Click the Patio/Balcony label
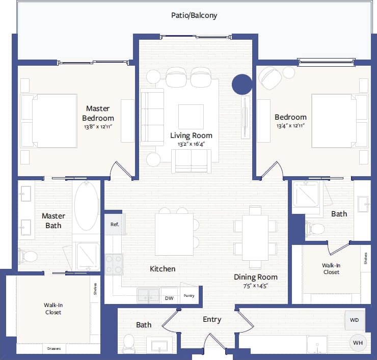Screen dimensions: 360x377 click(x=194, y=15)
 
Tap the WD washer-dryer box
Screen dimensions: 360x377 click(x=355, y=320)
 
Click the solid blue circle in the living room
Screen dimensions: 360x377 click(x=242, y=85)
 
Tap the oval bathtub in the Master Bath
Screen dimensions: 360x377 click(x=87, y=206)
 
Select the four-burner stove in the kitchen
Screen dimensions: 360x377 click(x=114, y=264)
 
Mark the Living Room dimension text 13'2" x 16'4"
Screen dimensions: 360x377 click(x=191, y=145)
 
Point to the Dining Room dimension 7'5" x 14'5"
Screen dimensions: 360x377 click(x=256, y=286)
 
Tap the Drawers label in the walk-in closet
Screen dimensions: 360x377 click(x=54, y=349)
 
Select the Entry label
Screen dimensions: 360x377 click(x=212, y=320)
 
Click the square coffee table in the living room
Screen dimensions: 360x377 click(x=191, y=117)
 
